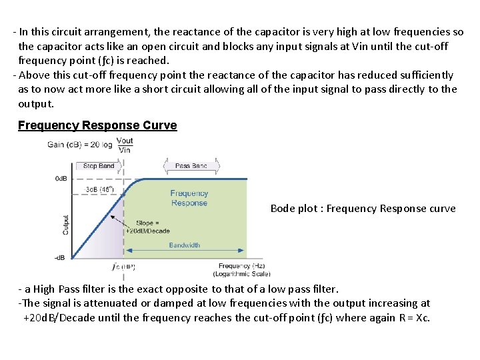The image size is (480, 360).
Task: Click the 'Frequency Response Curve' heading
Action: [x=97, y=125]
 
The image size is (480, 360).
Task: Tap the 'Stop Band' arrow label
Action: [x=99, y=165]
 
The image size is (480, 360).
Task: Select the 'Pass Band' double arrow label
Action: [x=191, y=165]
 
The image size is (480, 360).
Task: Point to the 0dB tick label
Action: [x=61, y=179]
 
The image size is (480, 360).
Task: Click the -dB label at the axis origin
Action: [x=60, y=257]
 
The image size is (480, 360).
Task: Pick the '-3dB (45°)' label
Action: [x=101, y=190]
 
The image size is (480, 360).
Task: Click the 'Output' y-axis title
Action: [x=66, y=224]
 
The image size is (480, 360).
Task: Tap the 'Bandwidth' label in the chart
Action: [x=184, y=245]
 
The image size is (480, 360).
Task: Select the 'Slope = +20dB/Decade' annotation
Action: [x=153, y=227]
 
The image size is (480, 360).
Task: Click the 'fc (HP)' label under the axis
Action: [x=124, y=267]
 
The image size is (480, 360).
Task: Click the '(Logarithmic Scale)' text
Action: [x=242, y=274]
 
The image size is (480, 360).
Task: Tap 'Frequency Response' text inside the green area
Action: [x=189, y=198]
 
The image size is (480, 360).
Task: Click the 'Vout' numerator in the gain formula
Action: [x=125, y=140]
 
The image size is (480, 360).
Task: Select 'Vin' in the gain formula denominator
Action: [x=125, y=150]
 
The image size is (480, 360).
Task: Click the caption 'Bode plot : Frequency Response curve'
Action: [x=363, y=209]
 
